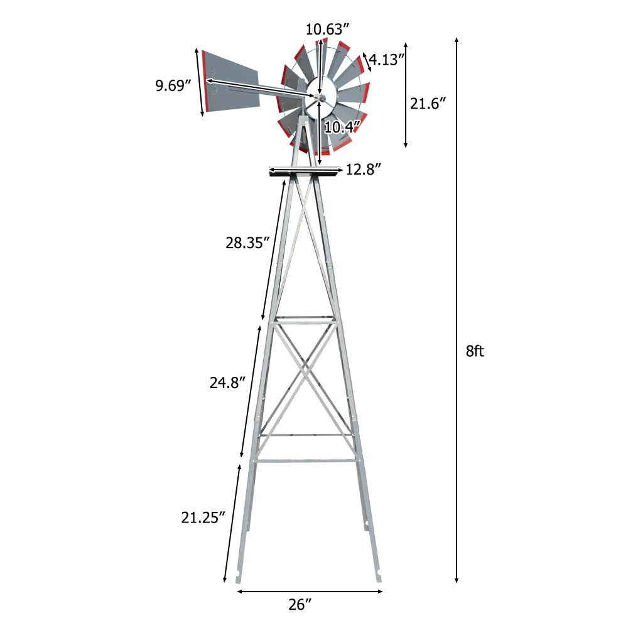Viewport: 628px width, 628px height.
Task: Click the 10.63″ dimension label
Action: (327, 29)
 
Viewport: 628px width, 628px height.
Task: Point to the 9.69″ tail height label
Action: (173, 85)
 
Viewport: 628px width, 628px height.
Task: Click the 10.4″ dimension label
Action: (342, 127)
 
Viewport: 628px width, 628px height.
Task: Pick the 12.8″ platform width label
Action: (364, 170)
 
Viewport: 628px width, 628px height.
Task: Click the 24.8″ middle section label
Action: (227, 382)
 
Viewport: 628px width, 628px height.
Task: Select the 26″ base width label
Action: (300, 605)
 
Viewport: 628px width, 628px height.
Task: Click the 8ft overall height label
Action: (475, 352)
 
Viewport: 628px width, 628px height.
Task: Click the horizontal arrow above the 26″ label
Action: (310, 591)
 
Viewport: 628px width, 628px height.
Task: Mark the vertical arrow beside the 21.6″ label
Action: (406, 94)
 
